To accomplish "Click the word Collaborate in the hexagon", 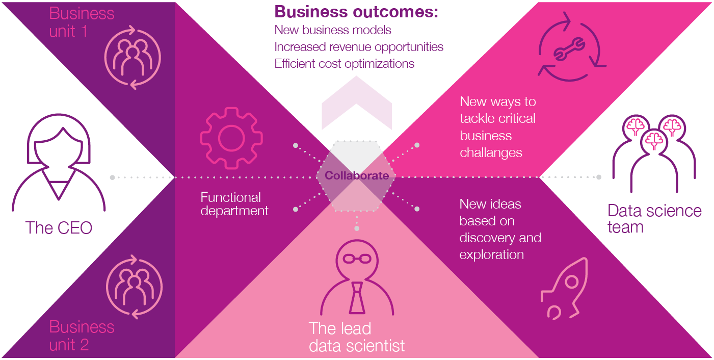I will pyautogui.click(x=357, y=176).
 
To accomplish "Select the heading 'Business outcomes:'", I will pyautogui.click(x=356, y=12).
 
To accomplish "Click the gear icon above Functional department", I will pyautogui.click(x=232, y=138).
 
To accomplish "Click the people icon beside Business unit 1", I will pyautogui.click(x=133, y=56).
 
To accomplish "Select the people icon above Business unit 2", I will pyautogui.click(x=134, y=287).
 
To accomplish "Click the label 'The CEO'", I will pyautogui.click(x=59, y=227).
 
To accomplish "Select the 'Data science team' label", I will pyautogui.click(x=654, y=218).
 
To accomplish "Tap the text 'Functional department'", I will pyautogui.click(x=234, y=204).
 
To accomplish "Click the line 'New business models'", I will pyautogui.click(x=333, y=30).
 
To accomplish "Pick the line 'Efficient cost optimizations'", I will pyautogui.click(x=344, y=64).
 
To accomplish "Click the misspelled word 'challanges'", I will pyautogui.click(x=491, y=152).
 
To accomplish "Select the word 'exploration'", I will pyautogui.click(x=491, y=254).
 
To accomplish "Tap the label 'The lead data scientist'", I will pyautogui.click(x=356, y=337).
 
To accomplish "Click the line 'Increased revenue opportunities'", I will pyautogui.click(x=359, y=47).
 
